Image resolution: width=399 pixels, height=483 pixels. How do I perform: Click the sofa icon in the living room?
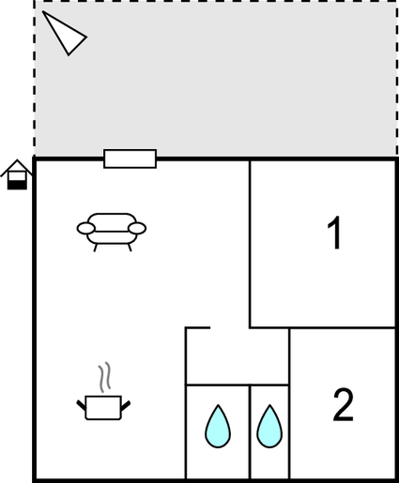pos(112,232)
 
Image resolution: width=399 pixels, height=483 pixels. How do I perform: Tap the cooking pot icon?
pos(103,407)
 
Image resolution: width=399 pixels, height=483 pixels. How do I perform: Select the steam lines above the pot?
pos(105,377)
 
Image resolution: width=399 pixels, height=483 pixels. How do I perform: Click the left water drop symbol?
pos(218,427)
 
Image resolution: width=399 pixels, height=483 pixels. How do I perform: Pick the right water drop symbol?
pos(269,427)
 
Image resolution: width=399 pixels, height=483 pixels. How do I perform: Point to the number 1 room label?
pos(334,233)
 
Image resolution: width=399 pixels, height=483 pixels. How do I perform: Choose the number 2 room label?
pos(343,405)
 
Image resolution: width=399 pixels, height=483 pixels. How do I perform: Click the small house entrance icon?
pos(17,174)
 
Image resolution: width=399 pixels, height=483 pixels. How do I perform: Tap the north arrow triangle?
pos(64,34)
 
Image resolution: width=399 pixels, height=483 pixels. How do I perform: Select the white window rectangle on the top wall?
pos(130,158)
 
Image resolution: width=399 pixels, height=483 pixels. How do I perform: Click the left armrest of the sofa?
pos(85,228)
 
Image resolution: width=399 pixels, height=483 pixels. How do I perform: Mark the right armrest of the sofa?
pos(137,228)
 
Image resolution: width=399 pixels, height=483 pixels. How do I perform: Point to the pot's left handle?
pos(82,405)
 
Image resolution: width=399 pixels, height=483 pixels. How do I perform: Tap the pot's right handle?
pos(126,405)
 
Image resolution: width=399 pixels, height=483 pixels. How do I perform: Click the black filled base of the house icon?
pos(17,185)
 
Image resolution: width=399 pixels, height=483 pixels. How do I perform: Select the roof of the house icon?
pos(17,168)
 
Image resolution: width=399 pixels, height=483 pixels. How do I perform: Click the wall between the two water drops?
pos(250,432)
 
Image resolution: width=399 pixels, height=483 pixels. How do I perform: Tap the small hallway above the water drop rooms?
pos(238,356)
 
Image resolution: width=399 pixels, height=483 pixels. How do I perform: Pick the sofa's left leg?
pos(96,248)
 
